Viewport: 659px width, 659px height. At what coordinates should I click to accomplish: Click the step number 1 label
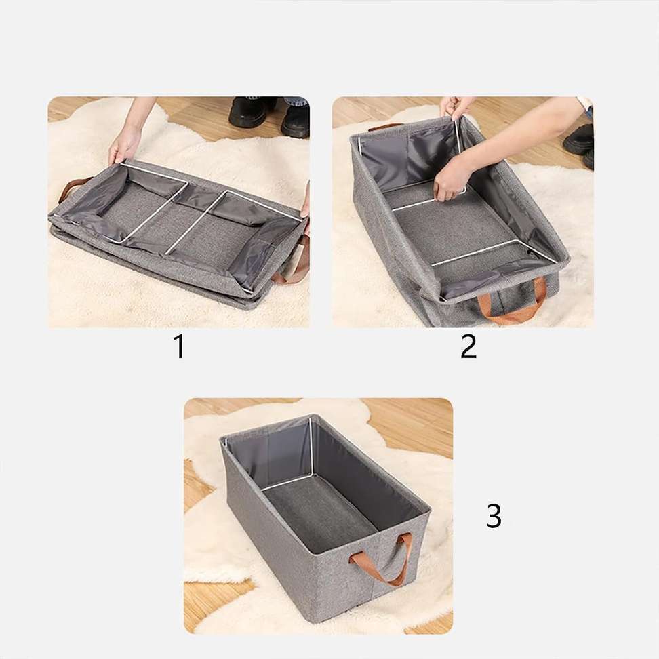point(179,346)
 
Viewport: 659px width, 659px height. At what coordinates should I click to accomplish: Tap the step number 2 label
point(468,346)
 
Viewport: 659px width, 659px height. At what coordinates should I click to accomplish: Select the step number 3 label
point(494,516)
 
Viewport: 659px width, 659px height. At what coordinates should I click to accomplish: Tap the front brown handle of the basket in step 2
point(513,302)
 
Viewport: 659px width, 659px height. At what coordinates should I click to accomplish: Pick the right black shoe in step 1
point(296,119)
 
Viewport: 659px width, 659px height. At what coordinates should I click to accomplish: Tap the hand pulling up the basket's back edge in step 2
point(456,107)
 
